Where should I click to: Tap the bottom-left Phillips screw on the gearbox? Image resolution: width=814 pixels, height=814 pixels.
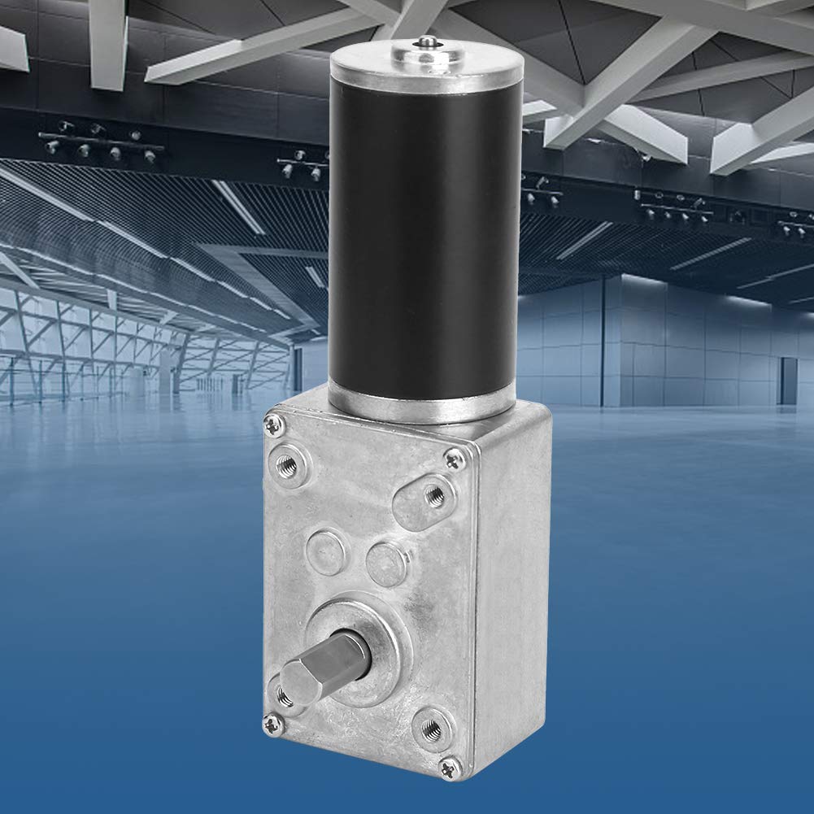[271, 720]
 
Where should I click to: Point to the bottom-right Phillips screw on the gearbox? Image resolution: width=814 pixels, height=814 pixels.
[449, 764]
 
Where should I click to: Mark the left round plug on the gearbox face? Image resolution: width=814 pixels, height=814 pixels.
[325, 551]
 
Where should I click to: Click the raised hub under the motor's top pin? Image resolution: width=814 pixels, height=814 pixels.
[423, 50]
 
